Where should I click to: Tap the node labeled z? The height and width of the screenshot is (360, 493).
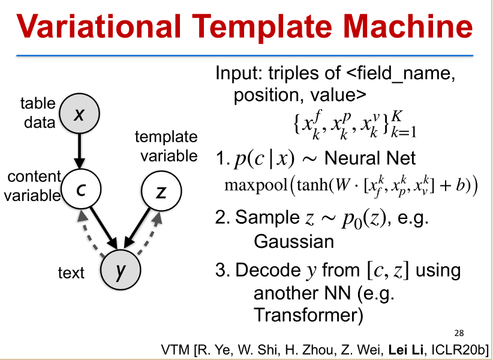click(x=159, y=191)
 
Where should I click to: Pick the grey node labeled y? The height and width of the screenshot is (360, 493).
click(x=119, y=271)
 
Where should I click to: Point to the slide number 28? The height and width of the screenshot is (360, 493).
click(x=459, y=334)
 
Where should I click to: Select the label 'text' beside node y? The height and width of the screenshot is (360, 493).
click(x=71, y=273)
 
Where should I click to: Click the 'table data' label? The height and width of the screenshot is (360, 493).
click(x=38, y=113)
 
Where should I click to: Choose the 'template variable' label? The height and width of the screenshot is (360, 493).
click(x=166, y=146)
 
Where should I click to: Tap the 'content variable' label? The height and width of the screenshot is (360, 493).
click(x=33, y=185)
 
